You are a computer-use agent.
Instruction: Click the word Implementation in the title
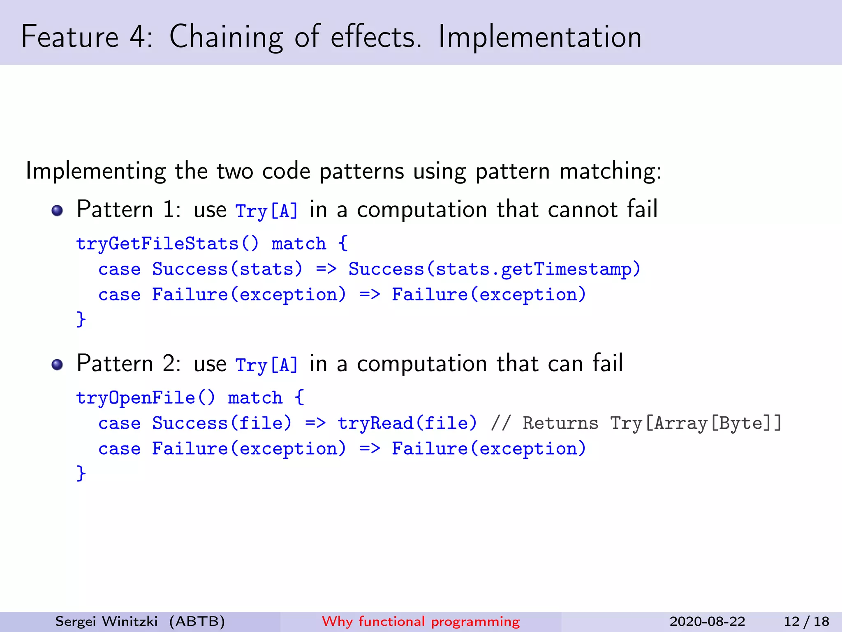click(x=539, y=37)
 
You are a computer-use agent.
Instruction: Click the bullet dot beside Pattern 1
click(x=57, y=211)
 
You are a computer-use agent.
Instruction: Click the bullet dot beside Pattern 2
click(x=57, y=365)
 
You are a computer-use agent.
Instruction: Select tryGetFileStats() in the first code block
click(x=168, y=244)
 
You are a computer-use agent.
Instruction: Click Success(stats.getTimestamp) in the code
click(x=494, y=270)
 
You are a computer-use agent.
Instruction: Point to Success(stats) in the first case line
click(x=227, y=270)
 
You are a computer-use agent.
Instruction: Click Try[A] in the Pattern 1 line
click(x=266, y=211)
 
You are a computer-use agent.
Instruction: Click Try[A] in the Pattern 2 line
click(x=266, y=365)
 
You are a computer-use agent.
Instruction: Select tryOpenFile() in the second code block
click(x=146, y=398)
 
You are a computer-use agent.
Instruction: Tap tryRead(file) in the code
click(x=407, y=423)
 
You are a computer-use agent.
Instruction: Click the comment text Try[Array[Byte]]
click(x=696, y=423)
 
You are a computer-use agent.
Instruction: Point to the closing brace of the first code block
click(x=81, y=319)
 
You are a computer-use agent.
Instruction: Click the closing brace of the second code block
click(x=81, y=473)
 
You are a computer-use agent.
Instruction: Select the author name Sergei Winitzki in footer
click(x=106, y=621)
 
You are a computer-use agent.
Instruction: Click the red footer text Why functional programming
click(x=421, y=621)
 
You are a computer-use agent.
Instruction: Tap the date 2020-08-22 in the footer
click(x=707, y=621)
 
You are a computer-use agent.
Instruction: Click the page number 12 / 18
click(x=806, y=621)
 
